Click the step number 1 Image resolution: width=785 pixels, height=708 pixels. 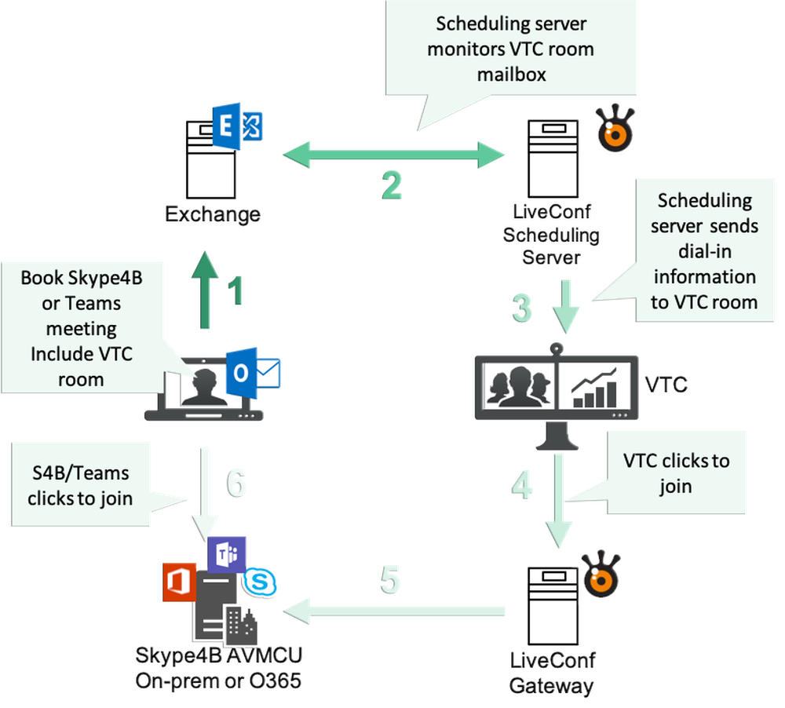click(235, 291)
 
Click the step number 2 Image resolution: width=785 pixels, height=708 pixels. click(391, 186)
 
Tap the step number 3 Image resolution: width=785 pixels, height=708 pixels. click(521, 308)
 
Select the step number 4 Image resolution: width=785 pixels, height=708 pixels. click(521, 484)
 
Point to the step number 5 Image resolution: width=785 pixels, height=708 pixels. click(391, 581)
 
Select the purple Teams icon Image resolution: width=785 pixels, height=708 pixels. click(228, 555)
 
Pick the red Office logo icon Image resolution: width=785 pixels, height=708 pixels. click(178, 582)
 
